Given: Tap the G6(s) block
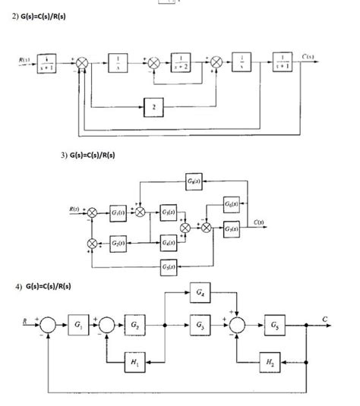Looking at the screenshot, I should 232,206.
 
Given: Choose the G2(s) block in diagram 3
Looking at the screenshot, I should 119,242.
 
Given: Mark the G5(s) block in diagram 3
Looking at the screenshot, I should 169,266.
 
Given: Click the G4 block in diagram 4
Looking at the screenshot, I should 199,293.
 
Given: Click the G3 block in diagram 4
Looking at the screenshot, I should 199,325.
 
